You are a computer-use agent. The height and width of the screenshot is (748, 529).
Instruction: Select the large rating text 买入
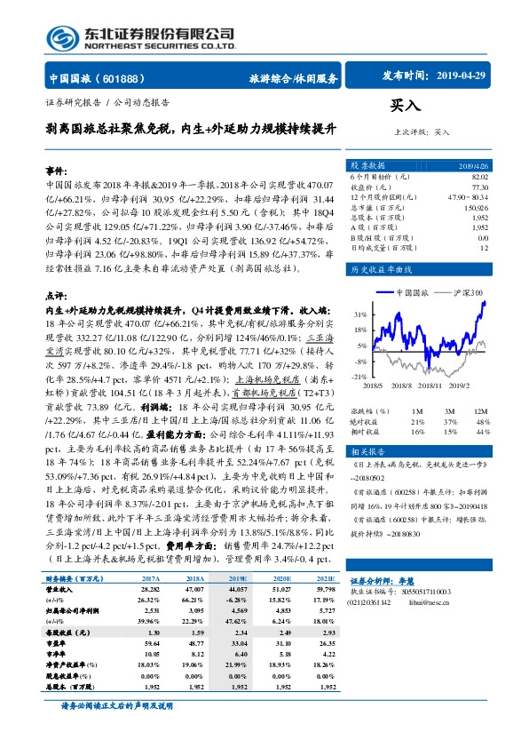pos(407,107)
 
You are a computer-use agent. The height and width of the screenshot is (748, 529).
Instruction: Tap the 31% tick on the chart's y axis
pos(359,314)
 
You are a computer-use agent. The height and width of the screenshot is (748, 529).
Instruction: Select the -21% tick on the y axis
pos(358,377)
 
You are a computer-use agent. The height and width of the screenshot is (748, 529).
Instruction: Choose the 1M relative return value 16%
pos(417,430)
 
